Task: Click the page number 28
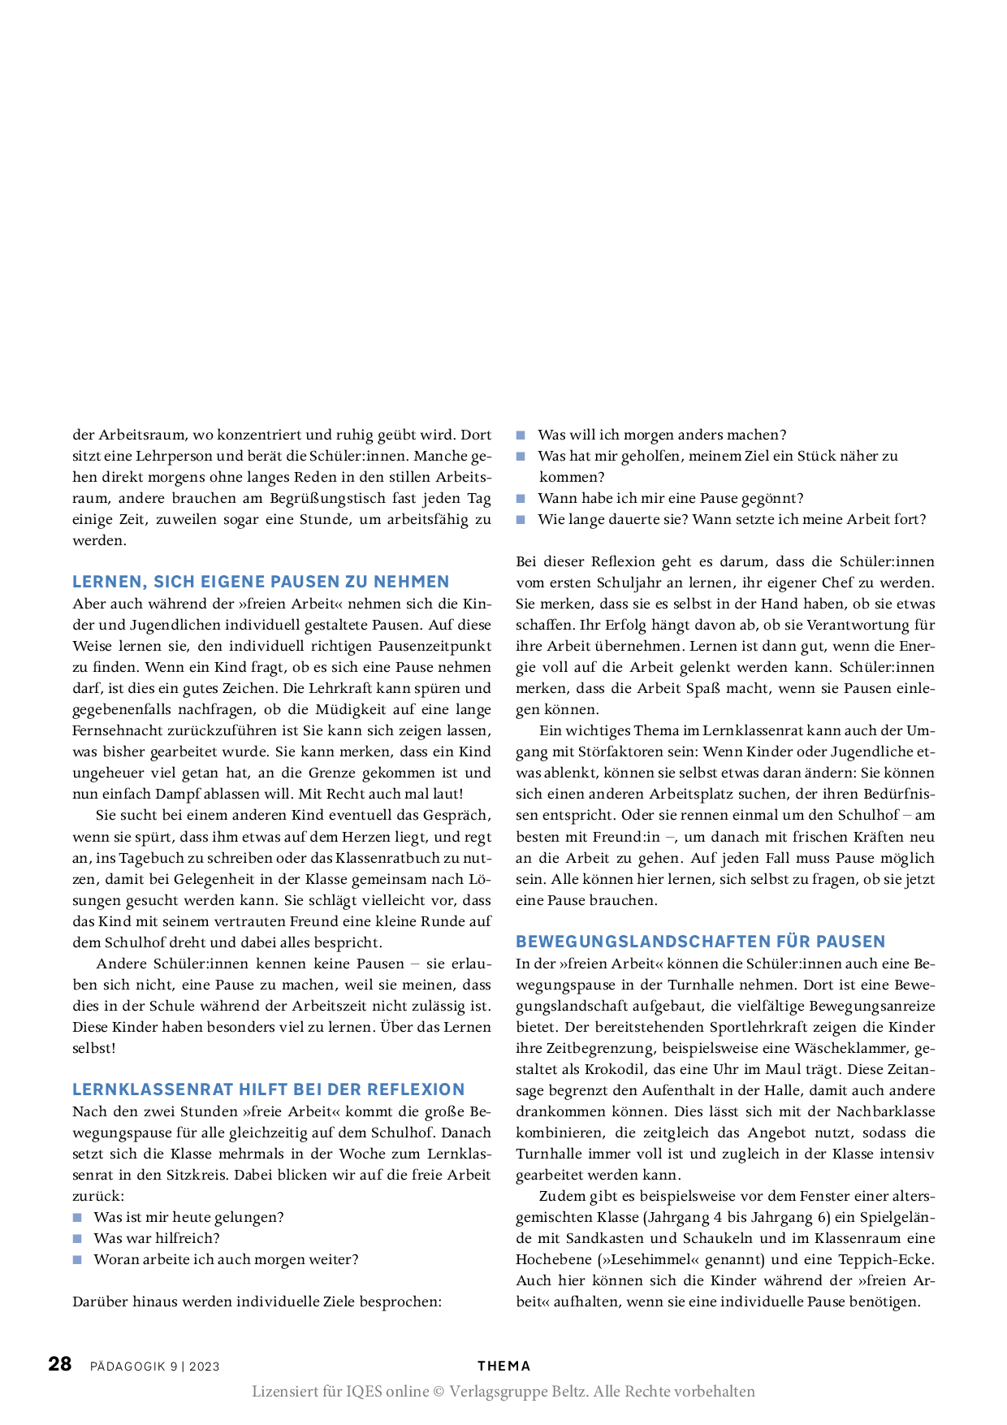click(x=60, y=1364)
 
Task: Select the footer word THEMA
click(x=503, y=1367)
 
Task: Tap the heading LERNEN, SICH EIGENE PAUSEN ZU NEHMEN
click(x=261, y=582)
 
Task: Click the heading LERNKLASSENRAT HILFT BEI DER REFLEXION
click(x=269, y=1089)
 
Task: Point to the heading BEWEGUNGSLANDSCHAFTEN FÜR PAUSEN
click(x=701, y=942)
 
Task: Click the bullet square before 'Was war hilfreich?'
click(x=78, y=1239)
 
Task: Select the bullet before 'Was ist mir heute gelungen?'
click(x=78, y=1218)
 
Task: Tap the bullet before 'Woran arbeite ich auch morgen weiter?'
click(x=78, y=1260)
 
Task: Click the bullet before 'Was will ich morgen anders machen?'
click(x=521, y=435)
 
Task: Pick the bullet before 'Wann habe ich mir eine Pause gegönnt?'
click(x=521, y=499)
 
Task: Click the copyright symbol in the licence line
click(x=439, y=1392)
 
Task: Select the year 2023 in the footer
click(x=205, y=1367)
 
